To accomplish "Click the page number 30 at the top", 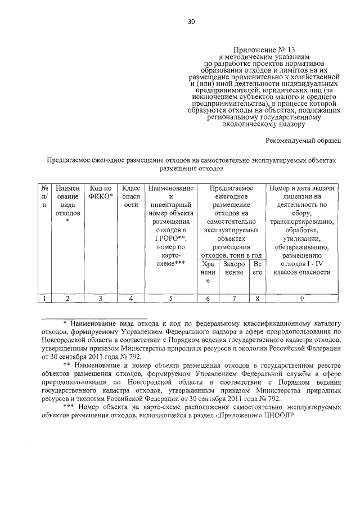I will [x=191, y=22].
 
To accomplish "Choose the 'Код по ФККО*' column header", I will [x=101, y=192].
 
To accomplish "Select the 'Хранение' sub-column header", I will [x=208, y=272].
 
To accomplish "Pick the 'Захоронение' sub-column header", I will [x=235, y=268].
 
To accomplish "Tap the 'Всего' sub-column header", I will [x=258, y=268].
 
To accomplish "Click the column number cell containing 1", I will [x=44, y=299].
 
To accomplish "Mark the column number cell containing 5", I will [x=170, y=299].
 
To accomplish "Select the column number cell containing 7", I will [x=235, y=299].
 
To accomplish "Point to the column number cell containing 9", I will [x=303, y=299].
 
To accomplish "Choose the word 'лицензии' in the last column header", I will [x=303, y=196].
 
